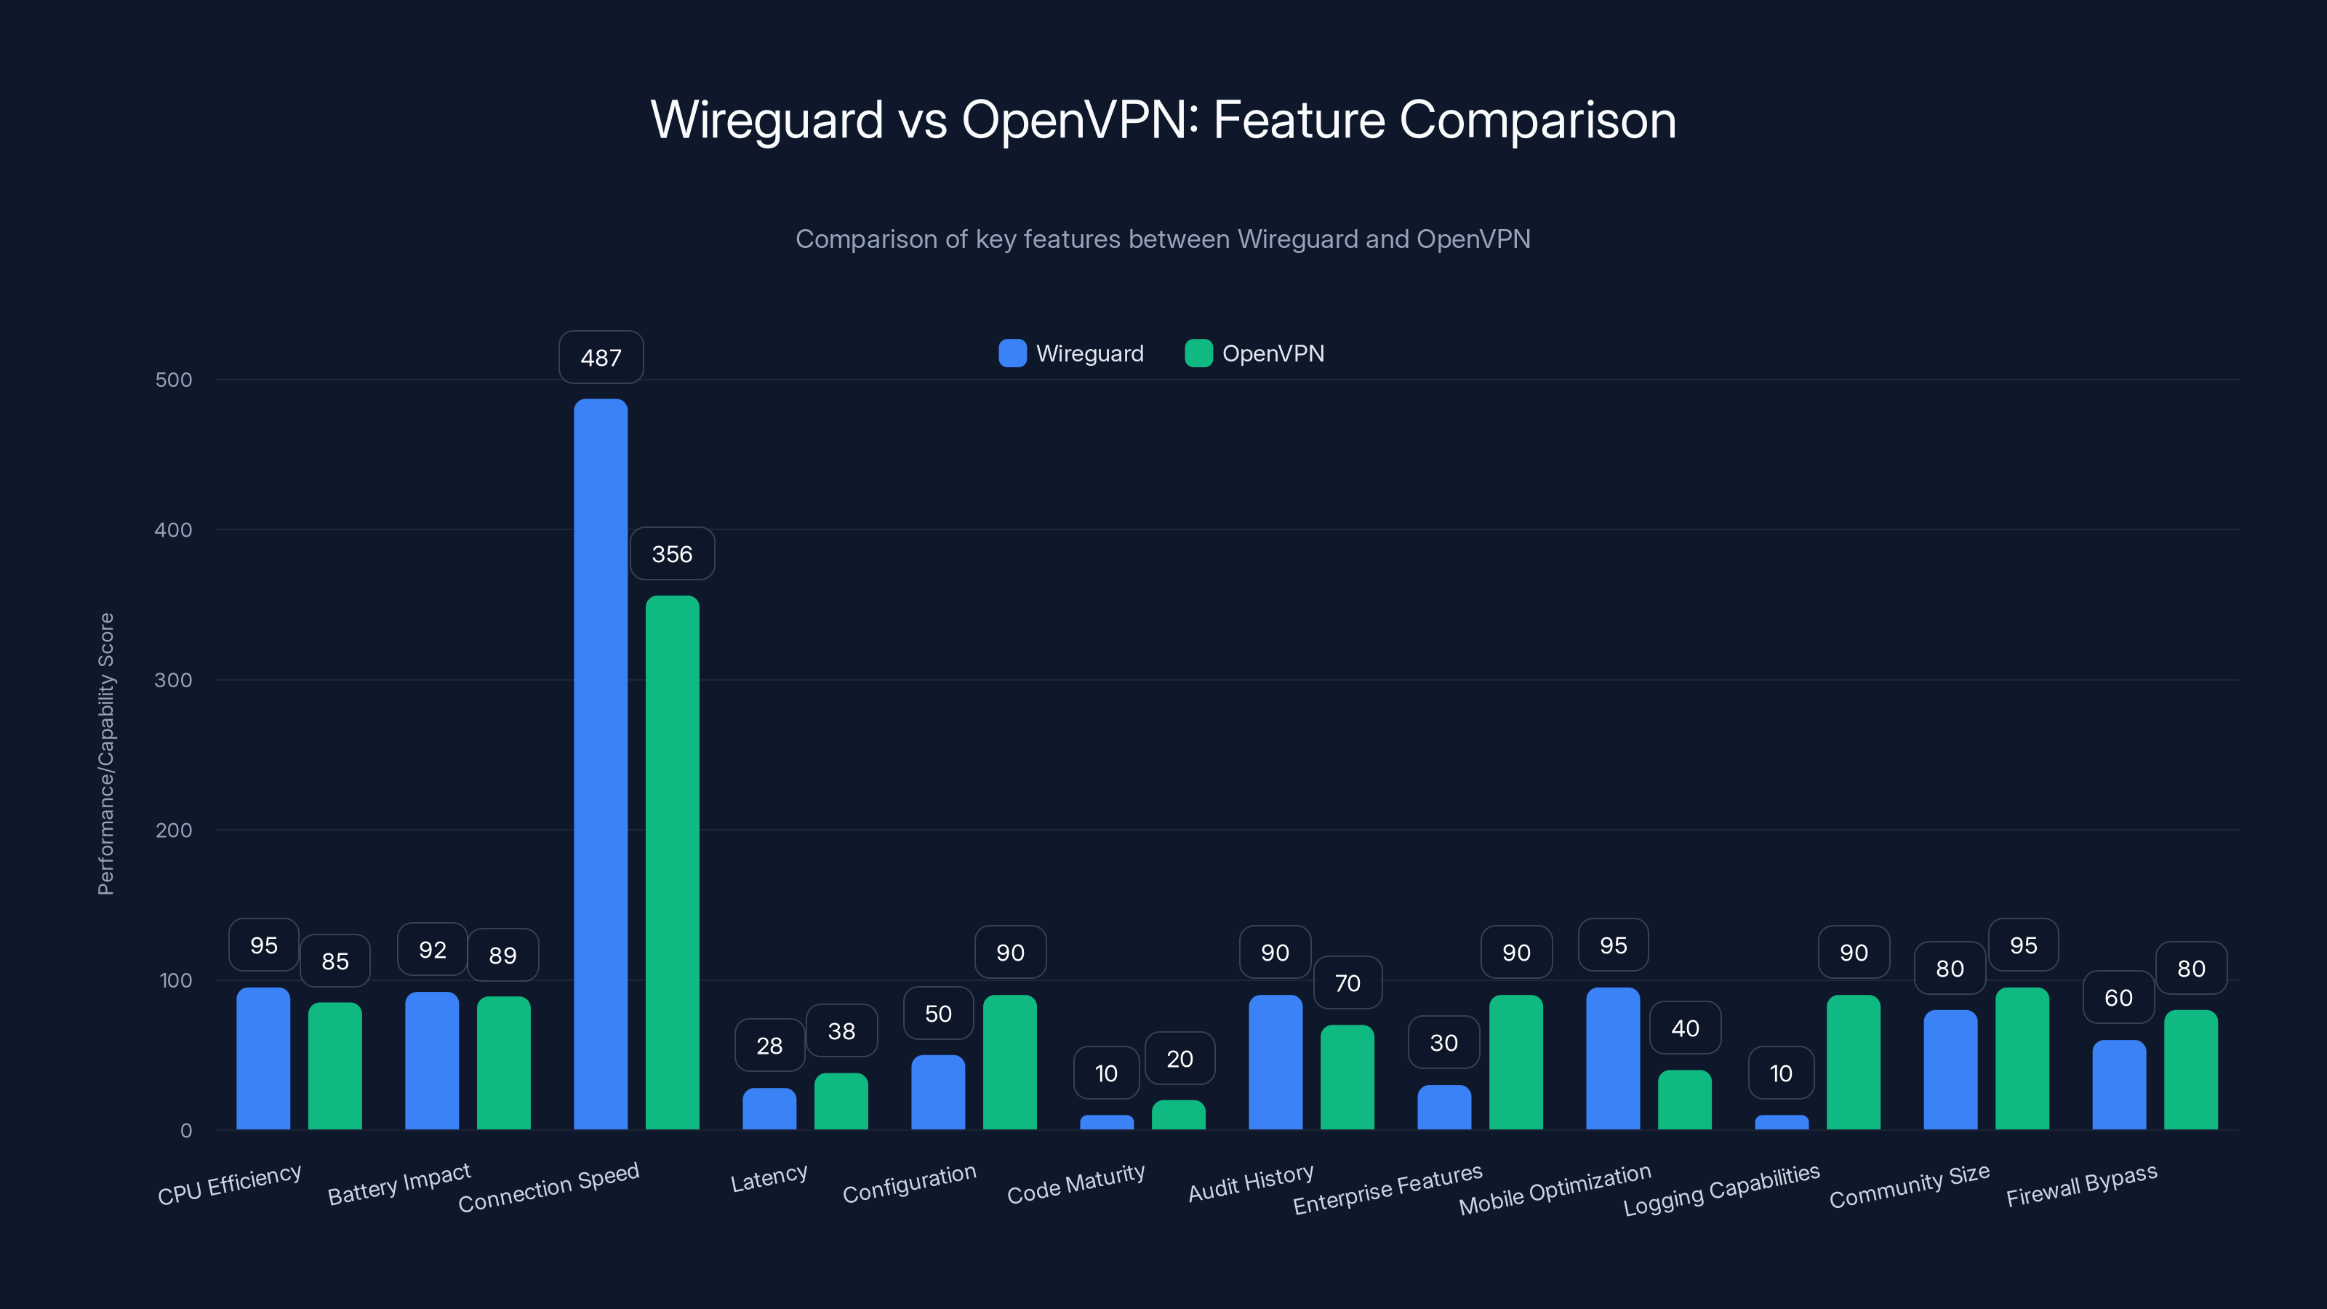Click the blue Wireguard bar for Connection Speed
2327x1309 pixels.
(x=600, y=764)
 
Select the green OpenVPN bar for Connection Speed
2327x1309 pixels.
(x=672, y=862)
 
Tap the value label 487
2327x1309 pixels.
(x=601, y=358)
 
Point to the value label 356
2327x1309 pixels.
(x=672, y=553)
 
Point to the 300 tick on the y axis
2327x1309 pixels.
(x=174, y=680)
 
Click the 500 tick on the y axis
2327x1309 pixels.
(x=174, y=380)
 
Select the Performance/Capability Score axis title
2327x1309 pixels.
(x=105, y=754)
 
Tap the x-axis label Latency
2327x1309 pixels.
(x=769, y=1178)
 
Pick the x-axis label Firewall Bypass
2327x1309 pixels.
(x=2081, y=1185)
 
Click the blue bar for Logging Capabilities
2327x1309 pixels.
(x=1782, y=1123)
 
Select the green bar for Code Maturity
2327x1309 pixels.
(x=1178, y=1116)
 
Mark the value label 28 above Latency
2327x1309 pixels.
(x=769, y=1045)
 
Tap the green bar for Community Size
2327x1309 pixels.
(x=2022, y=1059)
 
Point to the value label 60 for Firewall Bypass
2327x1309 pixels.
(x=2118, y=997)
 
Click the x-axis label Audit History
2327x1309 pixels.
(x=1250, y=1183)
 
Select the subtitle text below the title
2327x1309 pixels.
(x=1163, y=239)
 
